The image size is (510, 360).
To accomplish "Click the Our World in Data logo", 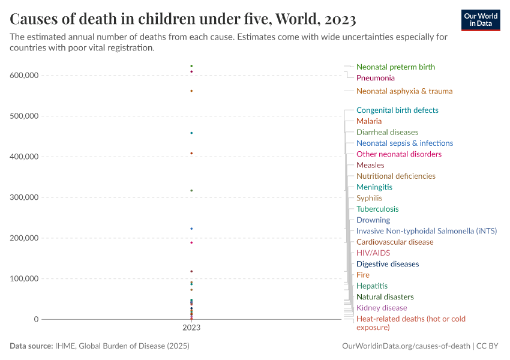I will pyautogui.click(x=480, y=20).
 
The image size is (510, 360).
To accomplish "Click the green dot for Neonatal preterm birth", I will pyautogui.click(x=191, y=66).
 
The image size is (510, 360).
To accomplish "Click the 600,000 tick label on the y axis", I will pyautogui.click(x=24, y=76).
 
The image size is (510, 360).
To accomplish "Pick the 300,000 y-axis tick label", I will pyautogui.click(x=24, y=197).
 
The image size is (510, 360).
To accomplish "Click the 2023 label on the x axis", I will pyautogui.click(x=191, y=328).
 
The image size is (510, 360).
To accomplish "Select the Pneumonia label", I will pyautogui.click(x=375, y=78).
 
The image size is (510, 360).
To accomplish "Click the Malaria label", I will pyautogui.click(x=368, y=121).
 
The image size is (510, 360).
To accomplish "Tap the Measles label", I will pyautogui.click(x=370, y=165).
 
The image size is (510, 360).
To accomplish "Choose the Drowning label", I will pyautogui.click(x=373, y=220).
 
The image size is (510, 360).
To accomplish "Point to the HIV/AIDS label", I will pyautogui.click(x=373, y=253).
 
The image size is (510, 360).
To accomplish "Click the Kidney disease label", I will pyautogui.click(x=382, y=308).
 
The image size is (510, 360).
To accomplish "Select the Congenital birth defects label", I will pyautogui.click(x=397, y=110).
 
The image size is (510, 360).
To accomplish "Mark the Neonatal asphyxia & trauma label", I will pyautogui.click(x=404, y=91).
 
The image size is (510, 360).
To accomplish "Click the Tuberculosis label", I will pyautogui.click(x=377, y=209).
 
